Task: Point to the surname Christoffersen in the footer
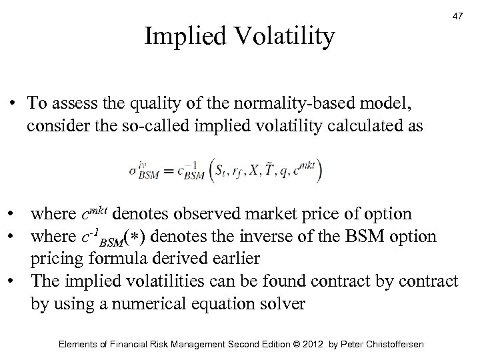390,344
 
